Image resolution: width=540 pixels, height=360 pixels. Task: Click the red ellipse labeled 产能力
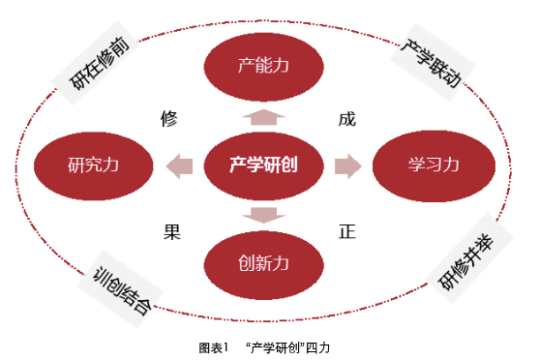264,66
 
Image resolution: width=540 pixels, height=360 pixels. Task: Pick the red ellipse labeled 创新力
264,262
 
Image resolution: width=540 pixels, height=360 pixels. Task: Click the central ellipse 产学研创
263,165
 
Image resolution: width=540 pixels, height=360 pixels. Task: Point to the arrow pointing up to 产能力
264,118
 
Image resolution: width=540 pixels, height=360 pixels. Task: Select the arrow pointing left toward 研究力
178,165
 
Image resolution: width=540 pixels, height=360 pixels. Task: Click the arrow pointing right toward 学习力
347,165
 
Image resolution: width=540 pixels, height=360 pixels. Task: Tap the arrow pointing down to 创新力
264,212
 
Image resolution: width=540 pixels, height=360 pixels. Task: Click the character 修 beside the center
169,120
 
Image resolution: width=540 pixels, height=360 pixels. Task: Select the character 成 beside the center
346,120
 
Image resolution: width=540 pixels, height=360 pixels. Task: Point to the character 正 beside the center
346,232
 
